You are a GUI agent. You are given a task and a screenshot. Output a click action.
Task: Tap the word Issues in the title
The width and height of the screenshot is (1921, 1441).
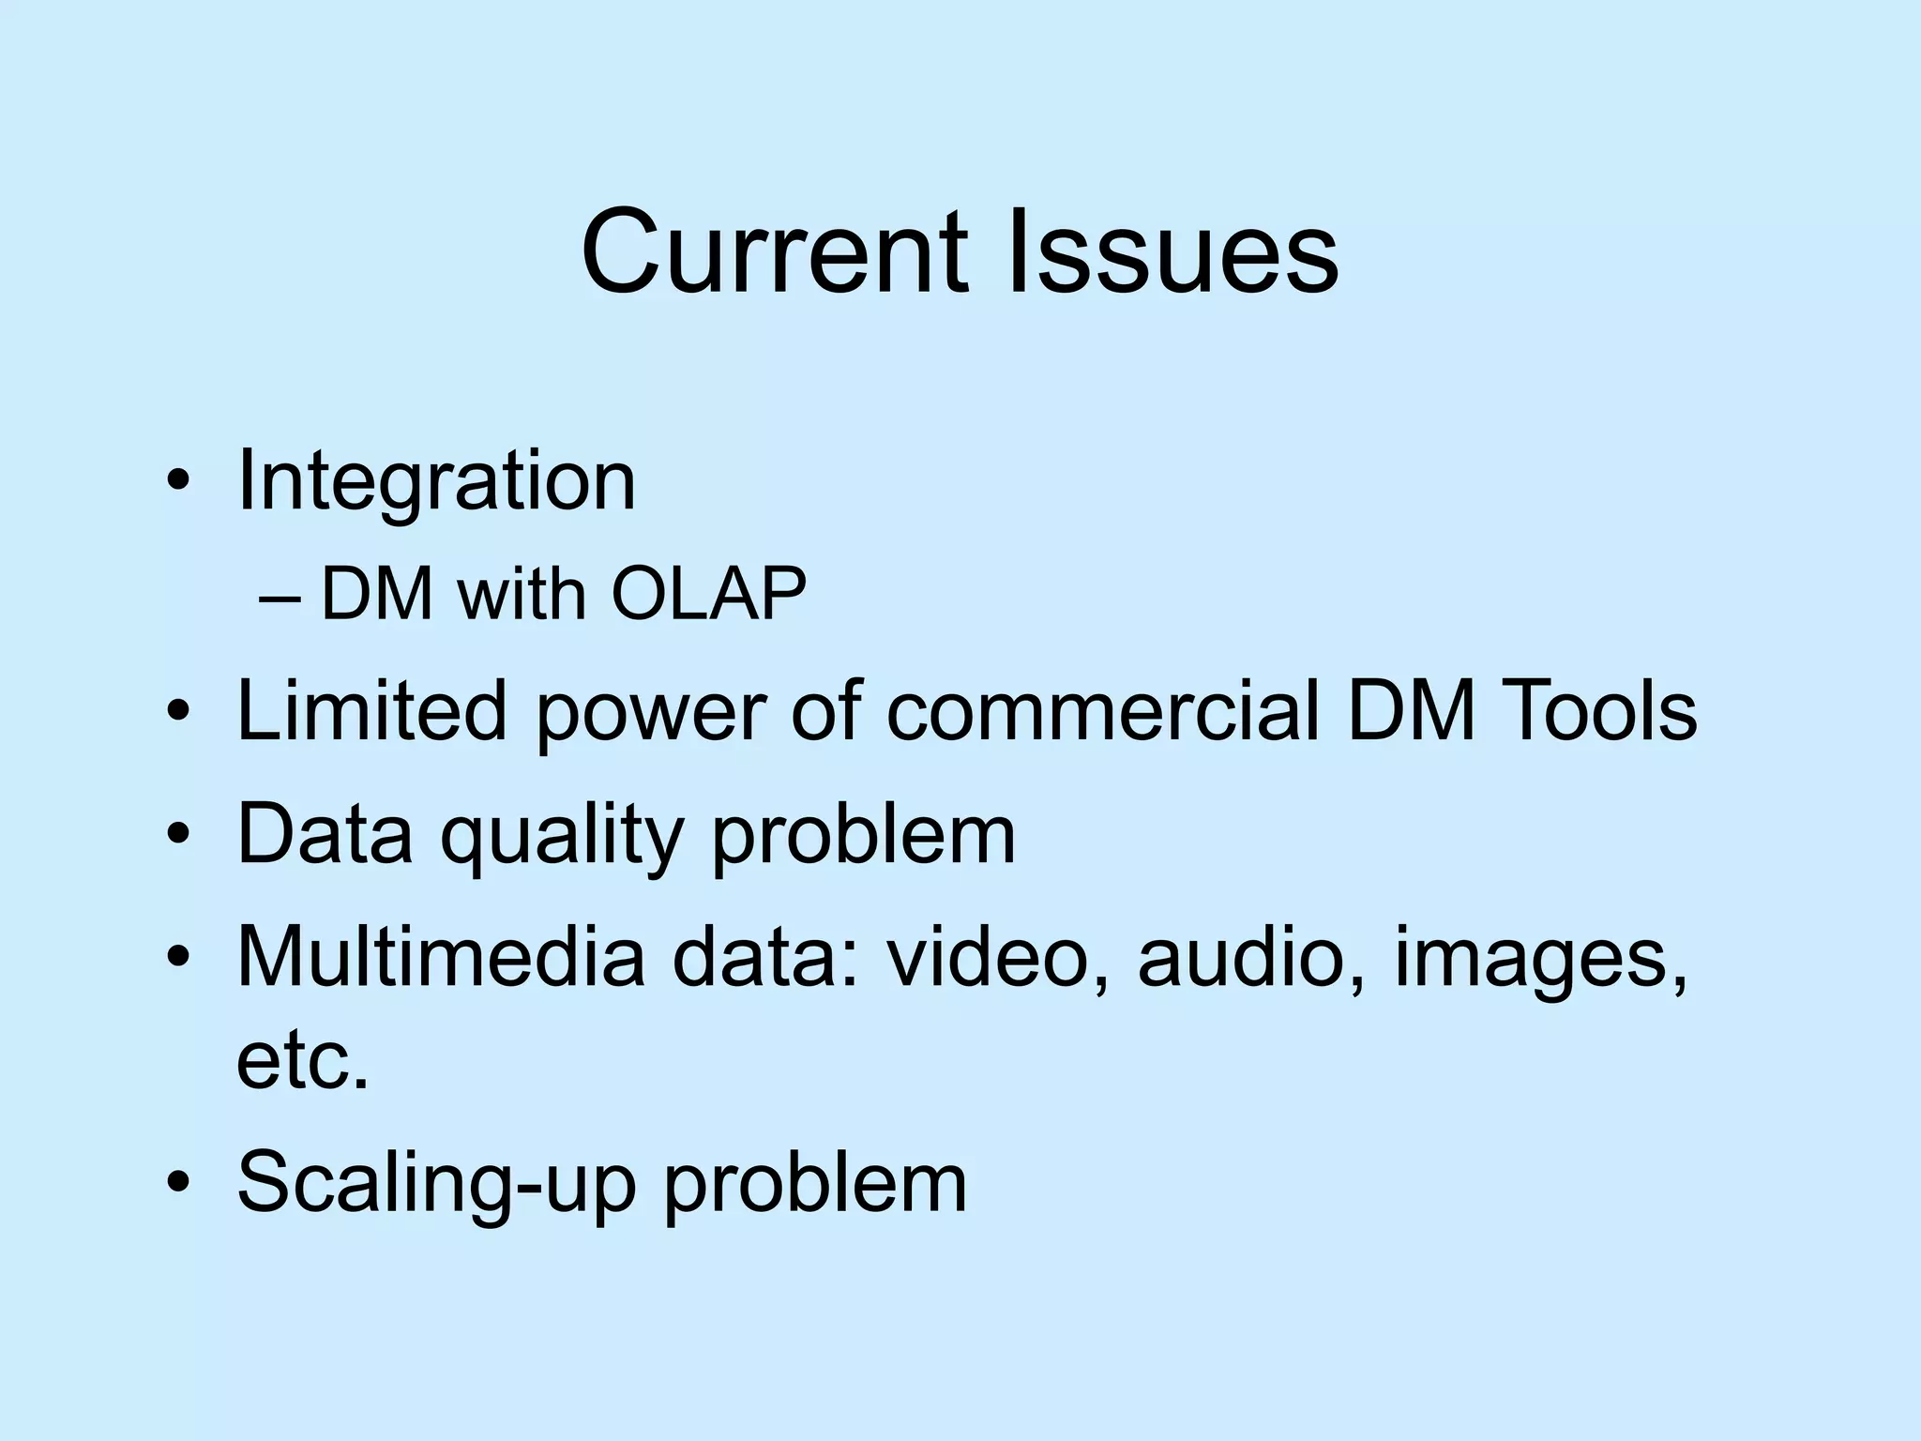[x=1172, y=253]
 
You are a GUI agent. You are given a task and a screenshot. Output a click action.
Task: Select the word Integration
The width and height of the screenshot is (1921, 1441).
[x=436, y=483]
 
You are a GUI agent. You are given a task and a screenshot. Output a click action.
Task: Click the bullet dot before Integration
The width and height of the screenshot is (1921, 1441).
[x=178, y=484]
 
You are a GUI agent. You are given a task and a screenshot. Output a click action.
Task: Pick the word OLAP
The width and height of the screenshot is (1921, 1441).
[x=708, y=595]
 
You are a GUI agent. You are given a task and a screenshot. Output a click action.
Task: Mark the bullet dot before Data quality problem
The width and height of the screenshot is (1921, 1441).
[x=178, y=834]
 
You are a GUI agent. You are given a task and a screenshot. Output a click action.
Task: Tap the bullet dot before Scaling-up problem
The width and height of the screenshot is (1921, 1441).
[x=178, y=1183]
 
